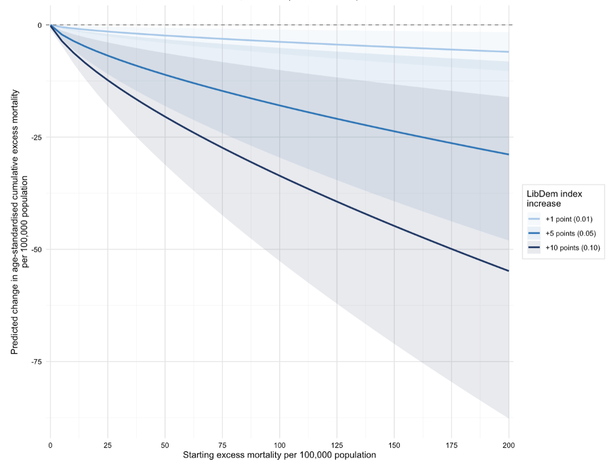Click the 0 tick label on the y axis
point(39,26)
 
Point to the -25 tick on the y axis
point(35,138)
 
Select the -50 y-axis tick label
point(35,250)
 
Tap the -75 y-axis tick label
point(35,362)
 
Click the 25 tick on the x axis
point(107,445)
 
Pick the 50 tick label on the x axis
point(165,445)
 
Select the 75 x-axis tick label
point(222,445)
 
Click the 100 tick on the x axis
point(279,445)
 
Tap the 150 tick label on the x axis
point(394,445)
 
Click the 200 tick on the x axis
point(509,445)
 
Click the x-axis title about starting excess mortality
point(279,455)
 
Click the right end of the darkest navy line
point(509,271)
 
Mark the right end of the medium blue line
point(509,155)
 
